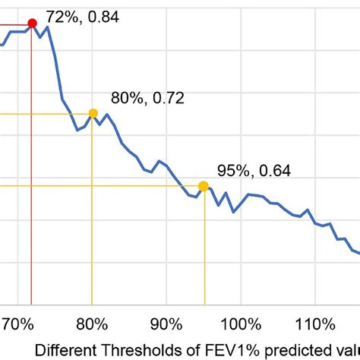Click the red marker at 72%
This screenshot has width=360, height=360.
pos(32,24)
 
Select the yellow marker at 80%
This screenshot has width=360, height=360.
pos(93,114)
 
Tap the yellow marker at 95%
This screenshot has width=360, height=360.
pos(204,186)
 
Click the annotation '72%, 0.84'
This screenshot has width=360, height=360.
pos(82,17)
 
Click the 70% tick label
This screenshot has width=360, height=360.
pos(17,324)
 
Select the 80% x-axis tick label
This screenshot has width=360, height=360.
pos(92,324)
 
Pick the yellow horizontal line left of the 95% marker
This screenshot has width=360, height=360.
pos(99,186)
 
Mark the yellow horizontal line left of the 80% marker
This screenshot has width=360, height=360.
pos(46,114)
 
